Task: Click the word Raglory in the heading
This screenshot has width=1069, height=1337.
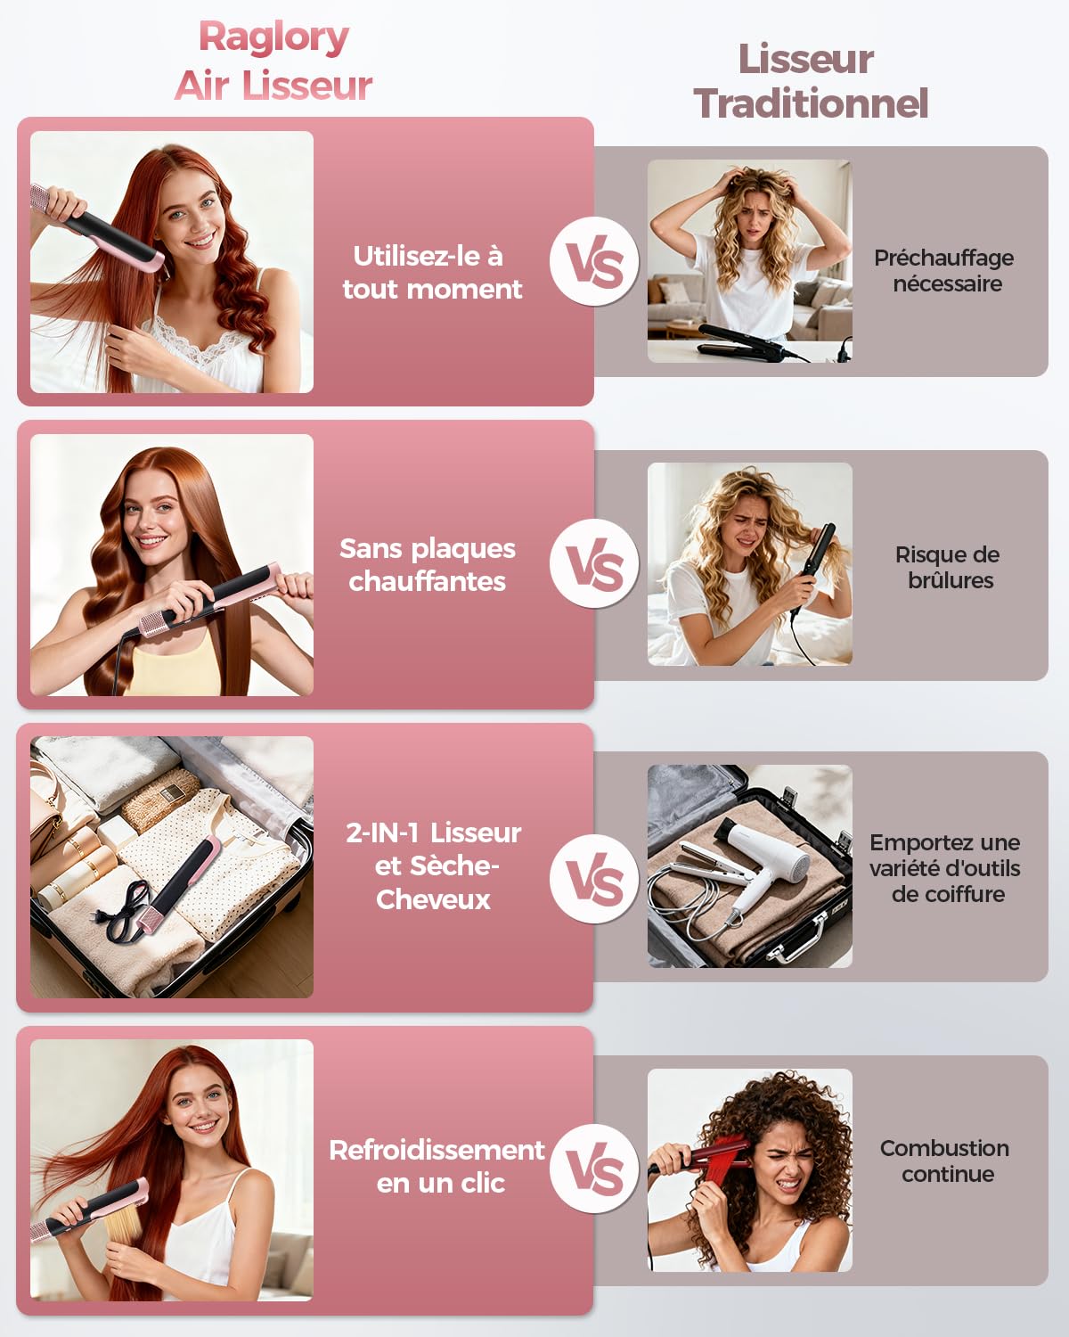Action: pyautogui.click(x=273, y=38)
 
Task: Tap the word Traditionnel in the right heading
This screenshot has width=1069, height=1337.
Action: pyautogui.click(x=811, y=103)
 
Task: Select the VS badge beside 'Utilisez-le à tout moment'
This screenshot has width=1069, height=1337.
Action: pyautogui.click(x=594, y=261)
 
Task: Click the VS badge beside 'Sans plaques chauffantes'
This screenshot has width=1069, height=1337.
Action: pyautogui.click(x=594, y=563)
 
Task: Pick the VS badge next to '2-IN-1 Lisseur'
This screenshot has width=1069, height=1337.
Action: pyautogui.click(x=594, y=879)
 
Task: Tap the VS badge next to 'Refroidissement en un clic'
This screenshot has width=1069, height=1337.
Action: pyautogui.click(x=594, y=1169)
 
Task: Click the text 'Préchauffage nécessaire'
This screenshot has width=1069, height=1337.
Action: pyautogui.click(x=944, y=270)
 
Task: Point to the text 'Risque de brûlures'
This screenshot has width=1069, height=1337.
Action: pyautogui.click(x=948, y=567)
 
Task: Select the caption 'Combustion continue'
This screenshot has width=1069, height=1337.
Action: pyautogui.click(x=945, y=1161)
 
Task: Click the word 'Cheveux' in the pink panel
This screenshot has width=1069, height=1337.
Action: pyautogui.click(x=433, y=899)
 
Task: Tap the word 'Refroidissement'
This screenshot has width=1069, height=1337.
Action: pyautogui.click(x=437, y=1150)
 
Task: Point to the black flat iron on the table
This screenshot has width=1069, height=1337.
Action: pyautogui.click(x=752, y=343)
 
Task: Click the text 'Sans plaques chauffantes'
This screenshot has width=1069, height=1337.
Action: pyautogui.click(x=428, y=565)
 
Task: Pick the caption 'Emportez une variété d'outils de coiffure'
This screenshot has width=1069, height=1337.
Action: pyautogui.click(x=945, y=868)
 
